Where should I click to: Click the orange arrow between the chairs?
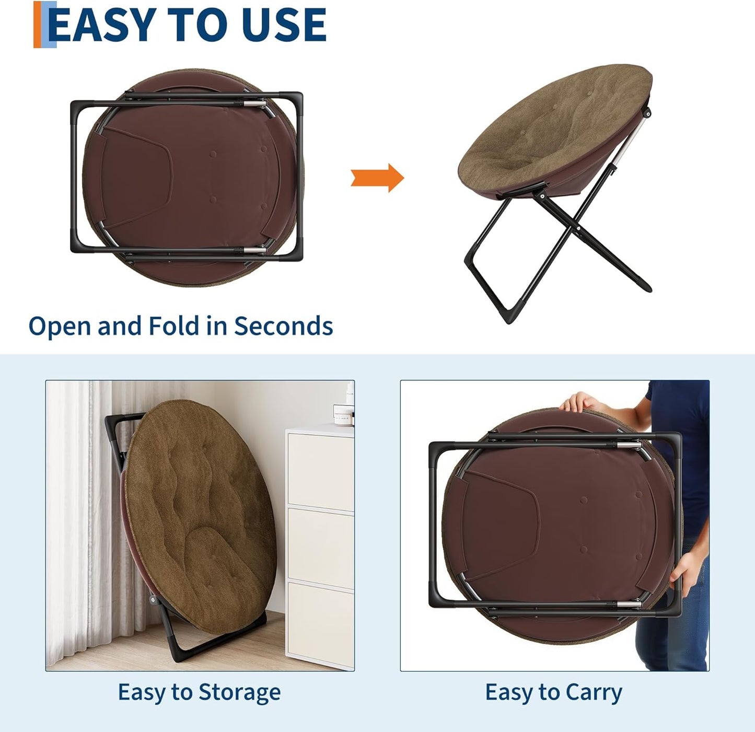click(377, 178)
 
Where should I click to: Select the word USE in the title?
click(284, 25)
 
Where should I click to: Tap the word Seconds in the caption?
click(283, 326)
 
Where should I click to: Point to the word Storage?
click(239, 693)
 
